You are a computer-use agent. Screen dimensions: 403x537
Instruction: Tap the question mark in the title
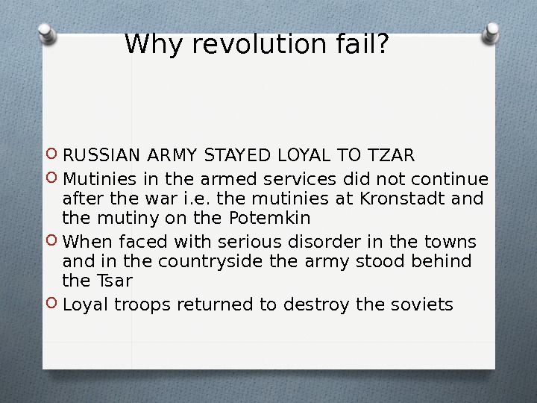(381, 46)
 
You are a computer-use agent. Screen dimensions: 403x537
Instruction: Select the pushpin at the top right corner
(492, 32)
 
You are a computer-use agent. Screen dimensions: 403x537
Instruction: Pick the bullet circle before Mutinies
(52, 179)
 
